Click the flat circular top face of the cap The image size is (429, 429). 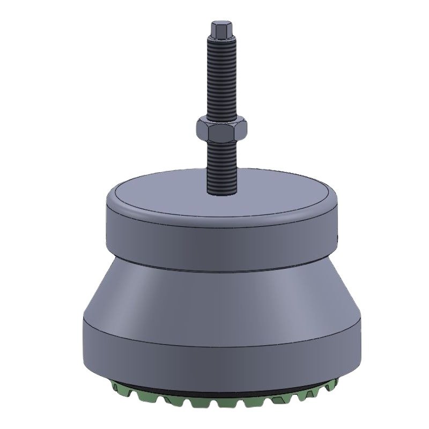pos(172,196)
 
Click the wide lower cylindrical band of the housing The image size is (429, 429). pos(214,354)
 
